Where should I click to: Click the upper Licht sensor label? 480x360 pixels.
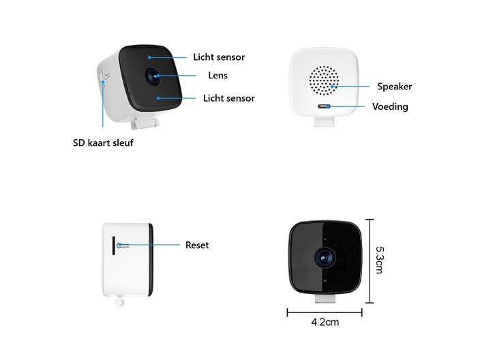pos(219,57)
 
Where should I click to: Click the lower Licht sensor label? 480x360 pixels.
pos(229,98)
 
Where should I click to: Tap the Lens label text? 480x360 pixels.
pos(218,75)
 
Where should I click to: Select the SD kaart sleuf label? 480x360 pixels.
pos(103,142)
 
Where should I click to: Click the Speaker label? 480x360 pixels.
pos(395,87)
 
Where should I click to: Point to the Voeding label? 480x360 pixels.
pos(390,106)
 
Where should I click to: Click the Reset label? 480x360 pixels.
pos(197,245)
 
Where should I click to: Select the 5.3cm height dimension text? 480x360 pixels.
pos(380,260)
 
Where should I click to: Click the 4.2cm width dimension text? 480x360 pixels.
pos(325,322)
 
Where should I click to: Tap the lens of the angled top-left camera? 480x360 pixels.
pos(153,75)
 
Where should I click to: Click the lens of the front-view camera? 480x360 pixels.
pos(325,258)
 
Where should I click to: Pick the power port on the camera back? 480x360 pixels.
pos(324,106)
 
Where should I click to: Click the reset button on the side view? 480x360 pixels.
pos(119,245)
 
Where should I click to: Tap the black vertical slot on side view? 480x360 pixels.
pos(114,245)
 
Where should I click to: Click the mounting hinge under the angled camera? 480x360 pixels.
pos(145,123)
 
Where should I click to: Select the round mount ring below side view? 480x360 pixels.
pos(120,303)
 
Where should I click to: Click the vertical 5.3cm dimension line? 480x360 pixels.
pos(370,261)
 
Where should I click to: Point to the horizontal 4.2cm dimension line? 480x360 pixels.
pos(325,312)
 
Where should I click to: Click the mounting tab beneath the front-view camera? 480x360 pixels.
pos(325,299)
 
